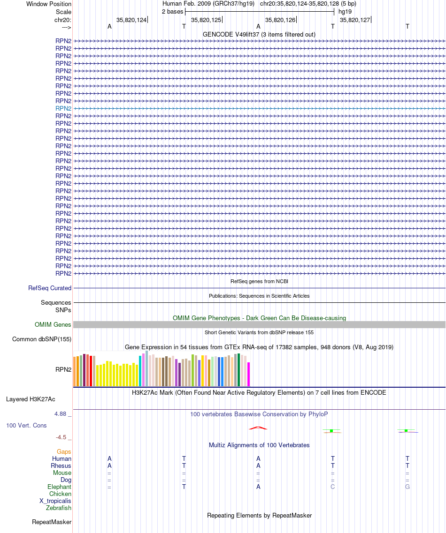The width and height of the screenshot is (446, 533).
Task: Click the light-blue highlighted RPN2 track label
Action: point(63,108)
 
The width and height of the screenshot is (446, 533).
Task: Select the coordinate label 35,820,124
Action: point(131,20)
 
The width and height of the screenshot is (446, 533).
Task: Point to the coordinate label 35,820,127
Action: point(355,20)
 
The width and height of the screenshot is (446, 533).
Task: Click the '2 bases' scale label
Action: point(173,12)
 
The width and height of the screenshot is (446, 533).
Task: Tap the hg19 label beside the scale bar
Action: point(345,12)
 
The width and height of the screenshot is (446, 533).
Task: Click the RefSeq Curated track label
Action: point(50,288)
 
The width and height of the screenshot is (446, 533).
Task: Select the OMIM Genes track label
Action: point(53,324)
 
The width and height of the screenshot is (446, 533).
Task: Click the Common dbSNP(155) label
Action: point(41,339)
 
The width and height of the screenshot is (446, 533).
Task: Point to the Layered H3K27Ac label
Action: point(31,399)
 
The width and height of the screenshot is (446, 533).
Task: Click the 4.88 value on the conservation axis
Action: point(60,413)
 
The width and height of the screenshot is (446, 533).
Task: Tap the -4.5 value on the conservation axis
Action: point(61,437)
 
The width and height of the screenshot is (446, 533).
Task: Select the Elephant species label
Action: point(59,487)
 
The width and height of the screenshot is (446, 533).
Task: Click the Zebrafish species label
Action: point(59,508)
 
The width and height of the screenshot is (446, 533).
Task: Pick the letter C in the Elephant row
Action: point(333,487)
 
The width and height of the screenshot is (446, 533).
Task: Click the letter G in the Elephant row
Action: point(407,487)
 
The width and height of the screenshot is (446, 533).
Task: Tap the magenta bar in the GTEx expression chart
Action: point(248,374)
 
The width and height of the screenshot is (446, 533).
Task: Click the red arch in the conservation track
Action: point(258,427)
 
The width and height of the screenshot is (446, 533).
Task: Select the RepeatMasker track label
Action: point(52,522)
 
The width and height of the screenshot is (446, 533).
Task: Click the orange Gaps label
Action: point(64,451)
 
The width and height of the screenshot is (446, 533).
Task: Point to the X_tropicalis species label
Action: point(55,501)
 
